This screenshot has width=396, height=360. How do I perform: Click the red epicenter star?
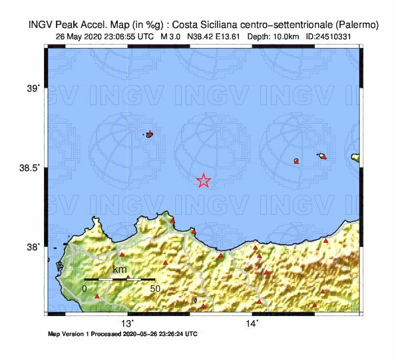click(204, 180)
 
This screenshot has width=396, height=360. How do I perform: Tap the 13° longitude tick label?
click(127, 323)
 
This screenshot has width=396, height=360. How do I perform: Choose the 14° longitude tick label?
click(252, 323)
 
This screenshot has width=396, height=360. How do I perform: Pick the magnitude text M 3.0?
click(173, 37)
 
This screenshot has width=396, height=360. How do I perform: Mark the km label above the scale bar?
click(120, 270)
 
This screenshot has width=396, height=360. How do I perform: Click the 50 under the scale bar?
click(154, 289)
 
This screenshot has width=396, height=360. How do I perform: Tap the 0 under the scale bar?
click(85, 289)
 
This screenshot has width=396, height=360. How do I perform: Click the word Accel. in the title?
click(97, 25)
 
